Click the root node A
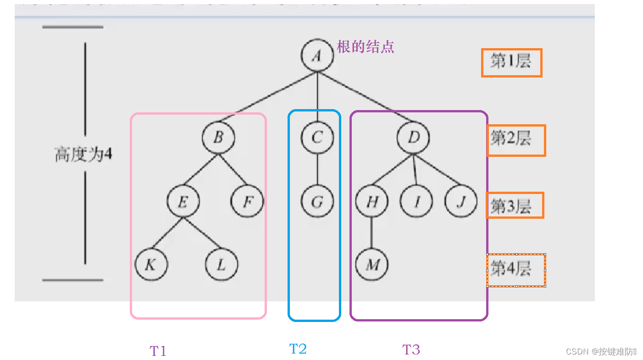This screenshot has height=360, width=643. click(317, 56)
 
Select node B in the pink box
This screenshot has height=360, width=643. click(219, 137)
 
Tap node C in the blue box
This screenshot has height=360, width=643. click(317, 137)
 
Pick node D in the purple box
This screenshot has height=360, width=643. click(413, 137)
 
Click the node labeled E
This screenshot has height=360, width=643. click(183, 201)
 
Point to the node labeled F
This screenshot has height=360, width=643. click(247, 201)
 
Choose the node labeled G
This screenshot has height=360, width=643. click(317, 201)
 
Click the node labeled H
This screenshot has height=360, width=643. click(371, 201)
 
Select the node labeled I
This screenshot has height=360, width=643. click(416, 201)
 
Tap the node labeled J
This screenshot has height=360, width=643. click(460, 201)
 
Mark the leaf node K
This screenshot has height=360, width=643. click(151, 265)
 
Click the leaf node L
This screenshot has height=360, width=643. click(222, 265)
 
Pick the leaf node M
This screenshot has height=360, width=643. click(371, 265)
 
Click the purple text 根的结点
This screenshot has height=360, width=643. click(366, 47)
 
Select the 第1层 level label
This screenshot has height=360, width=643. click(511, 61)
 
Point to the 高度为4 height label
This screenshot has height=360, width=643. click(83, 155)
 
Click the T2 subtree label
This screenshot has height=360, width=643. click(298, 349)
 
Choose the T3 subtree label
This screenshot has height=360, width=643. click(411, 350)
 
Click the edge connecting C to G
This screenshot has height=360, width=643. click(317, 169)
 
